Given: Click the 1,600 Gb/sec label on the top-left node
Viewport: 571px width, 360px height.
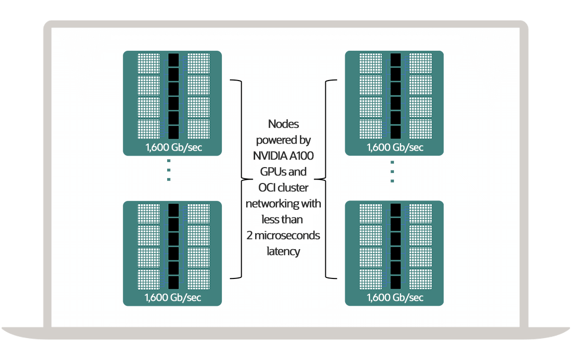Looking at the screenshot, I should (173, 148).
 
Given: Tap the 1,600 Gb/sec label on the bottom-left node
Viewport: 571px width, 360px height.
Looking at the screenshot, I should (173, 297).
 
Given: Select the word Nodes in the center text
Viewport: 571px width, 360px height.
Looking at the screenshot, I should (284, 123).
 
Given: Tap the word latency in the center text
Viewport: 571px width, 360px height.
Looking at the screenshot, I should (284, 251).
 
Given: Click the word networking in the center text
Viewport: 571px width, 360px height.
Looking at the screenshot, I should (273, 203).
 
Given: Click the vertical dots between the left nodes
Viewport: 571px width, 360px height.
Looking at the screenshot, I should (169, 170).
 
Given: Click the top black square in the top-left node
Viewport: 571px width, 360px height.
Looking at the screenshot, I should (173, 60).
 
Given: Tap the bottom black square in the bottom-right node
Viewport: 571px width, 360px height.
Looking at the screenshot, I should (395, 282).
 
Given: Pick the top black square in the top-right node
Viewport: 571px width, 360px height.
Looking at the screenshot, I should (395, 60).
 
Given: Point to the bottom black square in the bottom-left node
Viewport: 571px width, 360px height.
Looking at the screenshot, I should (173, 282).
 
